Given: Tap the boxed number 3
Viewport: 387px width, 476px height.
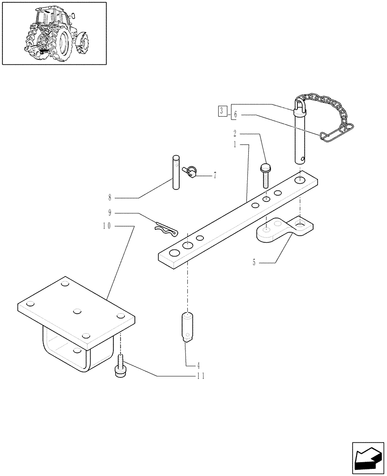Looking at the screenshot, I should [x=222, y=112].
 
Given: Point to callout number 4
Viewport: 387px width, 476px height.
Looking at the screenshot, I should [x=198, y=365].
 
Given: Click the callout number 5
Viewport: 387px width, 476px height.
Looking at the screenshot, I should [x=255, y=261].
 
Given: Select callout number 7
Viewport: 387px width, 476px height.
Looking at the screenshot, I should [x=215, y=176].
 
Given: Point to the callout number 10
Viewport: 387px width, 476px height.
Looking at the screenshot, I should [x=106, y=226].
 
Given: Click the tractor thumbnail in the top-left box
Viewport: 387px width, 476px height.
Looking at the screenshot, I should [x=54, y=33].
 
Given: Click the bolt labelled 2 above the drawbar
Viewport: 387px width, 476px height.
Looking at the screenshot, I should [x=265, y=176].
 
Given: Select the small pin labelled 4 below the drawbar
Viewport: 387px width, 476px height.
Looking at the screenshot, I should [x=188, y=327].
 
